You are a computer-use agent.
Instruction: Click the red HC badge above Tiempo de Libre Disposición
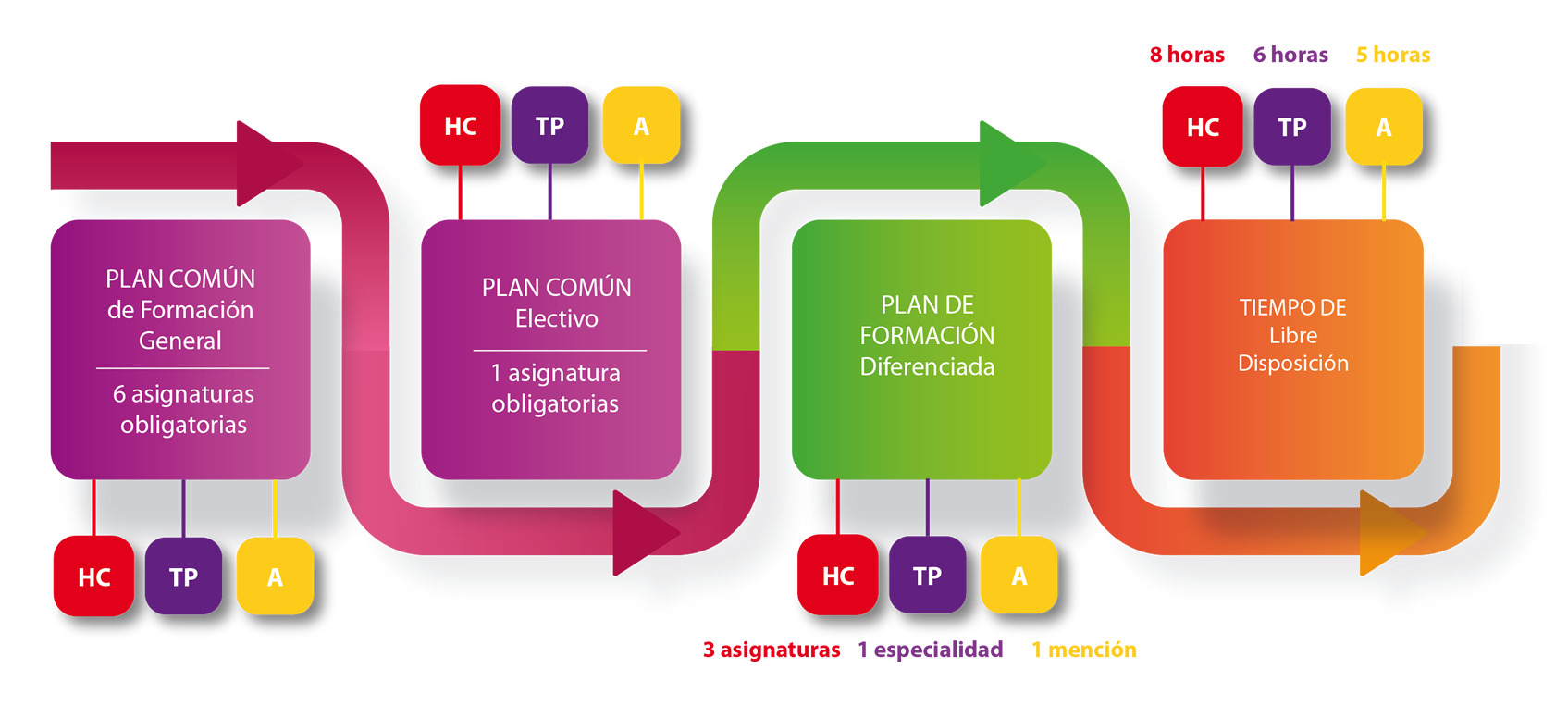1202,127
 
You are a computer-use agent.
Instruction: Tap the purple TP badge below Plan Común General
183,576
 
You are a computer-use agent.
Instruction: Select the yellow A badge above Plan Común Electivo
641,126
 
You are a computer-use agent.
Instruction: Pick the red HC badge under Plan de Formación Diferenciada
838,576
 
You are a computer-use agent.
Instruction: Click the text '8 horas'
1187,56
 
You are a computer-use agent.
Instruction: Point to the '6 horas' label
1290,56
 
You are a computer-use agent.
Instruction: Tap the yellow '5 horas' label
1392,56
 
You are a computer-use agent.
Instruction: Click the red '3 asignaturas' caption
772,650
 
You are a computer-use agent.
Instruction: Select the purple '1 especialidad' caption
930,650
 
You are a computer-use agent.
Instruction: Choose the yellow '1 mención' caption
1083,650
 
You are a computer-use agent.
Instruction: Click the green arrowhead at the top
1007,164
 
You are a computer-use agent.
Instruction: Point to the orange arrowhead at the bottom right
1387,533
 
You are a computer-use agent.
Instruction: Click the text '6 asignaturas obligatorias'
183,409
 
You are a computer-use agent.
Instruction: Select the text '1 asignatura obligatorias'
555,389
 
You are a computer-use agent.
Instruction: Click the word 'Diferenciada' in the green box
927,367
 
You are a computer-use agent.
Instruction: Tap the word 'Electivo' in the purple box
556,319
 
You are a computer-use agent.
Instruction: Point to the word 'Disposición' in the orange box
1292,364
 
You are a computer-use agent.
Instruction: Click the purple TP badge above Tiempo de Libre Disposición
1291,127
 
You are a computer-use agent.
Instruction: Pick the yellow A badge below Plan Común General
275,576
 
